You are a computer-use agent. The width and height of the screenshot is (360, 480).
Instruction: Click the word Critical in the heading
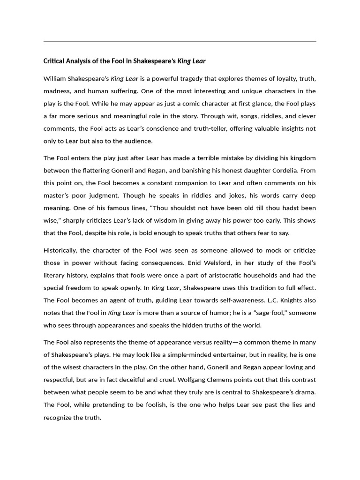53,61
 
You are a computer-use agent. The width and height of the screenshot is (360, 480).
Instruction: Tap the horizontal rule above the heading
180,41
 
